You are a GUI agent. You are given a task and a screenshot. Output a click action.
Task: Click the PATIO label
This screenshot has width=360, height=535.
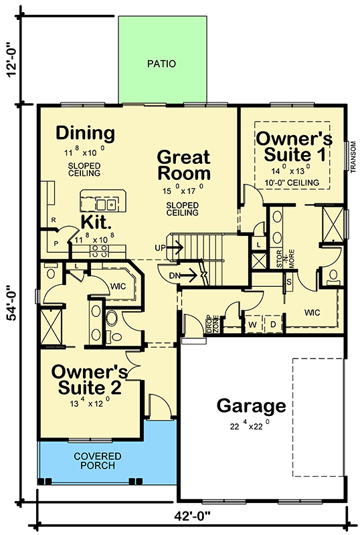pyautogui.click(x=163, y=65)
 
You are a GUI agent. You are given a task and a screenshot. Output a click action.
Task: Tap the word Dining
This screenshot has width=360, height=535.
pyautogui.click(x=85, y=133)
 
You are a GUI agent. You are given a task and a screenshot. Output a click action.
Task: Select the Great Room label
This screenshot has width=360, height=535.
pyautogui.click(x=183, y=166)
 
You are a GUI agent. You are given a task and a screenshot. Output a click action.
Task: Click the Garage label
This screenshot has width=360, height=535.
pyautogui.click(x=251, y=406)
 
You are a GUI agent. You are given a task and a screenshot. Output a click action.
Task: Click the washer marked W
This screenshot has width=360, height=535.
pyautogui.click(x=252, y=326)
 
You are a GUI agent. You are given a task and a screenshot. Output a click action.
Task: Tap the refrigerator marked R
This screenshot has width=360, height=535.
pyautogui.click(x=52, y=220)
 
